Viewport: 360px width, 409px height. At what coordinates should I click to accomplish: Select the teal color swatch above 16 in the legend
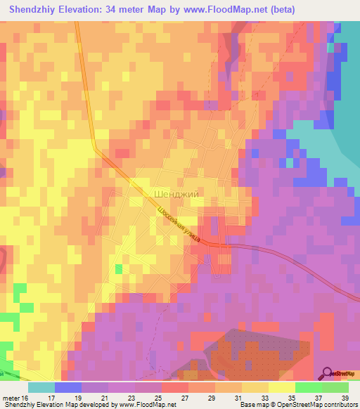(x=41, y=387)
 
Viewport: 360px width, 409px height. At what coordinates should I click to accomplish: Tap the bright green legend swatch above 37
(x=308, y=387)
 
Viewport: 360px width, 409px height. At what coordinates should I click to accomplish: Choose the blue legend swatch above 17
(x=67, y=387)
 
